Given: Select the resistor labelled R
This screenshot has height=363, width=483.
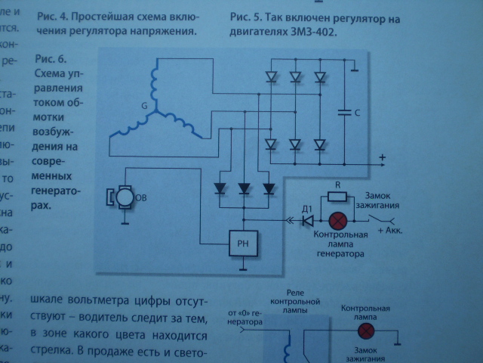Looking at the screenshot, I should point(339,197).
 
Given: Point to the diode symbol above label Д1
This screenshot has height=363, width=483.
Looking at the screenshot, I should point(307,221).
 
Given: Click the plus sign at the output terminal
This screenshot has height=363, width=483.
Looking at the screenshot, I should point(383,158).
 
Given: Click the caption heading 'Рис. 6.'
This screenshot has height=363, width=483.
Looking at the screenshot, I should point(51,59).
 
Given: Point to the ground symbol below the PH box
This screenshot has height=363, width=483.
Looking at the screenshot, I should point(241,267).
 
